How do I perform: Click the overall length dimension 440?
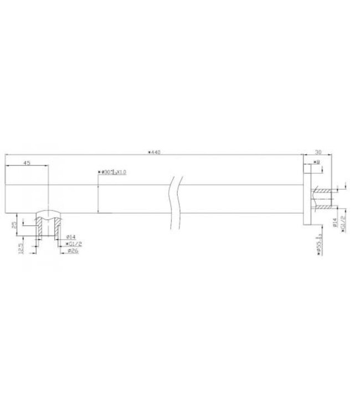155,152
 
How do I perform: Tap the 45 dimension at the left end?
27,163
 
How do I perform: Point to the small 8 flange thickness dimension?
316,162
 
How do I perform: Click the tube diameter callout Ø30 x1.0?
112,172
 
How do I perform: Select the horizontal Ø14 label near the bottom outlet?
71,237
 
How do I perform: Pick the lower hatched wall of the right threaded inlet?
321,207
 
